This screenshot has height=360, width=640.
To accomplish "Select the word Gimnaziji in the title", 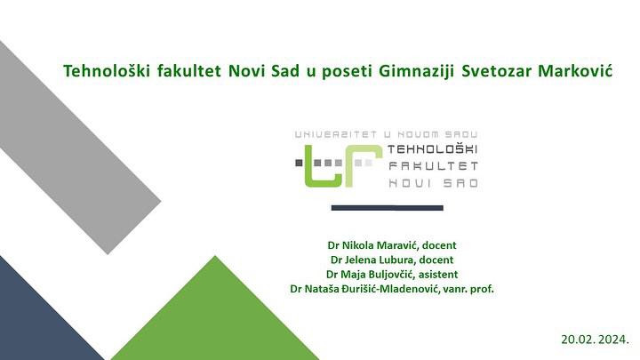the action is click(417, 71).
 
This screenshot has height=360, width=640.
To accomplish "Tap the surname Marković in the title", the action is click(575, 71).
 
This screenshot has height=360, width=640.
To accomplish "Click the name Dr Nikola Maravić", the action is click(372, 245).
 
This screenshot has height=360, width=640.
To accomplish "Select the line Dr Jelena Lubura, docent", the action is click(392, 260).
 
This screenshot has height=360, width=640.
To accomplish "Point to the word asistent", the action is click(438, 275).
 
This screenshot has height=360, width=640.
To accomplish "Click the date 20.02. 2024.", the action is click(595, 340).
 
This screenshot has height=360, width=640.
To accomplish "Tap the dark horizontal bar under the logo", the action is click(387, 208).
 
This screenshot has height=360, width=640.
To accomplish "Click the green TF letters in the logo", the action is click(344, 165).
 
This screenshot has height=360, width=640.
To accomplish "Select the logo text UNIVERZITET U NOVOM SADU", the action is click(386, 134).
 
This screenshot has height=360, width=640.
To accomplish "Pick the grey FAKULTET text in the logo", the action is click(433, 166).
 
